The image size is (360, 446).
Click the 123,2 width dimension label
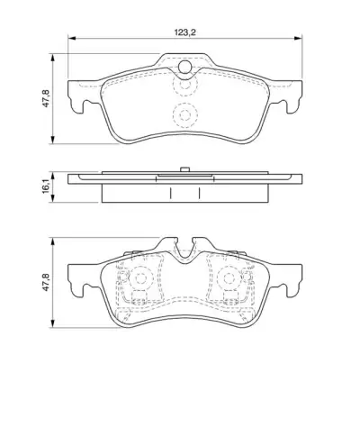coord(185,32)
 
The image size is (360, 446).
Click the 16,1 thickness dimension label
coord(46,187)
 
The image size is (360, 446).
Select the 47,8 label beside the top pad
coord(46,98)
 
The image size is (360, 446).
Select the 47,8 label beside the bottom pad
coord(46,282)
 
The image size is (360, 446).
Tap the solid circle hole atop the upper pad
coord(184,67)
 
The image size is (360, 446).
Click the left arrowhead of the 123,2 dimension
coord(72,38)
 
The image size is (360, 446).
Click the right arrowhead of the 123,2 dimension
coord(298,38)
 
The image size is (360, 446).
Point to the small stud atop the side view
coord(184,169)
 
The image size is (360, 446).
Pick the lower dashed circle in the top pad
coord(185,115)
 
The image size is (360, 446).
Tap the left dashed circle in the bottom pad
coord(140,278)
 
